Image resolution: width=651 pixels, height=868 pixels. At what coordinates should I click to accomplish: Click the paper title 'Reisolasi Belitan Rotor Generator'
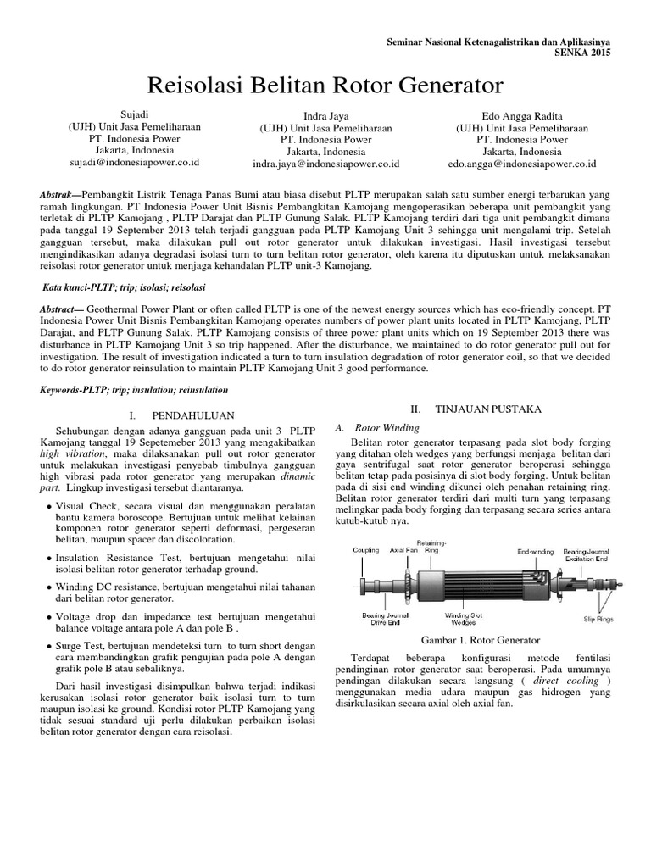[x=325, y=85]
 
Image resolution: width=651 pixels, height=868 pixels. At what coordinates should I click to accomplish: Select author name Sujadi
[x=134, y=113]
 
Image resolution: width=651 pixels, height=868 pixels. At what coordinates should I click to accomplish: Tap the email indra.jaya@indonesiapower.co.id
[x=326, y=164]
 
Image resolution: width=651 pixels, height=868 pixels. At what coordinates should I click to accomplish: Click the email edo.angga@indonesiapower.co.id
[x=521, y=164]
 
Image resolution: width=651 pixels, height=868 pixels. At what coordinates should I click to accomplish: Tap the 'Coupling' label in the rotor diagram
[x=366, y=550]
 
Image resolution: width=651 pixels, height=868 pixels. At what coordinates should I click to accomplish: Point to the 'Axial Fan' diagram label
[x=403, y=550]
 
